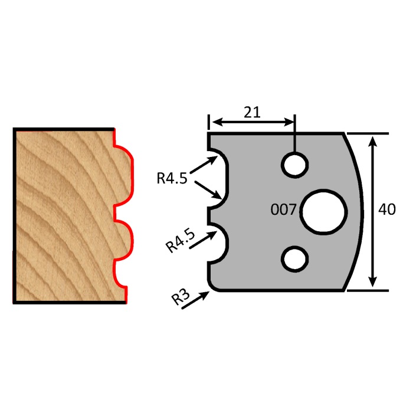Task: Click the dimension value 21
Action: tap(253, 112)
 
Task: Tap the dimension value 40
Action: tap(387, 209)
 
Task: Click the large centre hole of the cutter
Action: tap(323, 211)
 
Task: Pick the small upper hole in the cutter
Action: tap(294, 164)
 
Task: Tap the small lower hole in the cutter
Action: tap(294, 258)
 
